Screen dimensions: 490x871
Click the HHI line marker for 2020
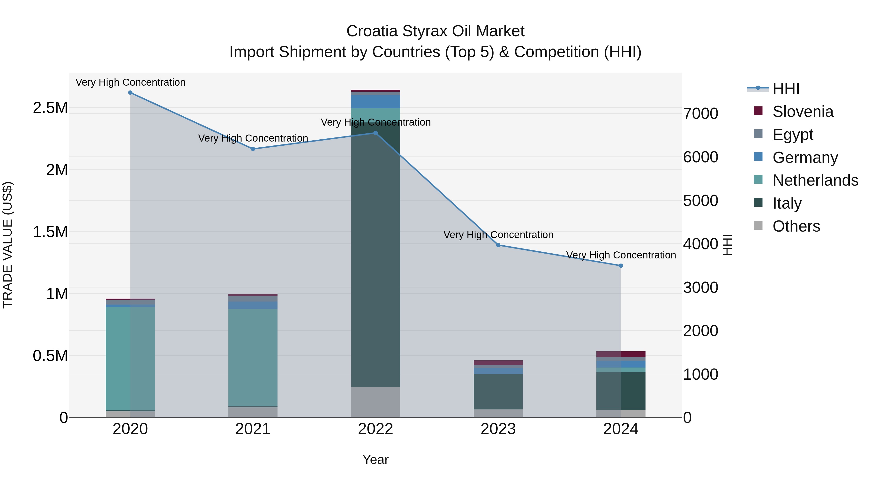point(130,93)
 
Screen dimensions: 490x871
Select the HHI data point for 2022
point(375,133)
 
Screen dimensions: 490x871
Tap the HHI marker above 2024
point(621,266)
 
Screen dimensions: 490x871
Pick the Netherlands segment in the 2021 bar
point(253,357)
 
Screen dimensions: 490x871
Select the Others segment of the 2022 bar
point(375,402)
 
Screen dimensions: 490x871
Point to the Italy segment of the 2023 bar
point(498,392)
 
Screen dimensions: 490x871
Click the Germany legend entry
point(805,158)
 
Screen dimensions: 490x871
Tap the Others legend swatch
point(758,226)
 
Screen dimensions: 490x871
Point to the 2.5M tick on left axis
point(50,108)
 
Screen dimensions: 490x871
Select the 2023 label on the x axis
point(498,430)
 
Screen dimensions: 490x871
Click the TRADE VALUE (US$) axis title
point(8,245)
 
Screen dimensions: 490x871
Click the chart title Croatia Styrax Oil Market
point(435,31)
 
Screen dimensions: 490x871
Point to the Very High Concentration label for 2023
point(498,235)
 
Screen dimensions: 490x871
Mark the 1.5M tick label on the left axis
point(50,232)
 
